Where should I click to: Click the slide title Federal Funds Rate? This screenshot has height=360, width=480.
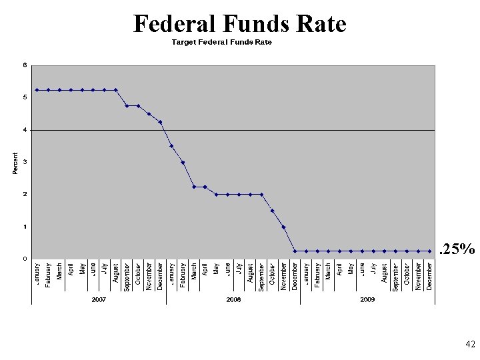tap(240, 24)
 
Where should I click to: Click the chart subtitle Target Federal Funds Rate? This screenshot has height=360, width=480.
tap(222, 42)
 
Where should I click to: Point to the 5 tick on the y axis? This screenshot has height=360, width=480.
tap(25, 97)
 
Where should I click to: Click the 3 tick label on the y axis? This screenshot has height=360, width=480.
tap(25, 162)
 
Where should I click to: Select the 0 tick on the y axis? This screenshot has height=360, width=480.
tap(25, 259)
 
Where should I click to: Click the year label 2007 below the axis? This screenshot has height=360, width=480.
tap(99, 300)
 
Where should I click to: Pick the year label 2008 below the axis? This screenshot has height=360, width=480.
tap(233, 300)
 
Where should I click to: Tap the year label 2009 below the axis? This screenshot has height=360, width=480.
tap(367, 300)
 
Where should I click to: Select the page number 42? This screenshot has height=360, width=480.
tap(469, 344)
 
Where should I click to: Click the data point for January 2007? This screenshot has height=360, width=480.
tap(37, 90)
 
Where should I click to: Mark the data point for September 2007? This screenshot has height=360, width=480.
tap(127, 106)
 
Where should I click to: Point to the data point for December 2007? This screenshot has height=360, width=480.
tap(161, 122)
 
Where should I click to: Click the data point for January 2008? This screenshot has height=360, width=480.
tap(171, 146)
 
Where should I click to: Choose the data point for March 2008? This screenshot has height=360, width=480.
tap(194, 187)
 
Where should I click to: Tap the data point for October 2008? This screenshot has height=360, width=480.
tap(273, 211)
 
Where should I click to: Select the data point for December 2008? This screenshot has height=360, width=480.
tap(295, 251)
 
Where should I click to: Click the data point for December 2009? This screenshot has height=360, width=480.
tap(429, 251)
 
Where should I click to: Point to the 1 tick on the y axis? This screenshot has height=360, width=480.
tap(25, 227)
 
